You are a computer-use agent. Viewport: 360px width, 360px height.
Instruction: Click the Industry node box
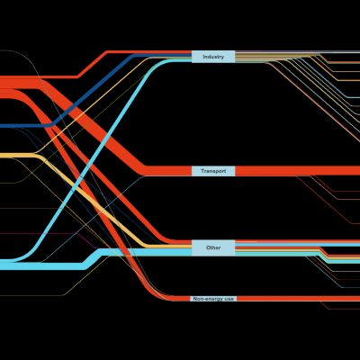pos(213,57)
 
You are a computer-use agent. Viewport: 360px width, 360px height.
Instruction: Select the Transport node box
pos(213,171)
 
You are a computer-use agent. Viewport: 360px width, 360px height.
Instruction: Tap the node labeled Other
pos(213,247)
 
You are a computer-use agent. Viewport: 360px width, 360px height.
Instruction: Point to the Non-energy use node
pos(213,299)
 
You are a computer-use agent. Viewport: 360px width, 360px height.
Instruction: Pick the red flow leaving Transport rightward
pos(298,171)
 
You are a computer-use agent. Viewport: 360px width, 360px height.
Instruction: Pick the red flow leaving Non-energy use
pos(299,299)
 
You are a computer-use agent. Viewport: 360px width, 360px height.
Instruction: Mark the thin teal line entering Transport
pos(93,219)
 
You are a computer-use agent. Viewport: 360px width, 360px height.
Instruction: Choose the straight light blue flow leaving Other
pos(298,245)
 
